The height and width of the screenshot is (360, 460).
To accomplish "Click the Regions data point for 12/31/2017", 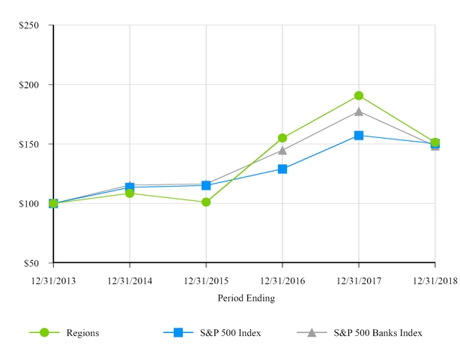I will pyautogui.click(x=359, y=96).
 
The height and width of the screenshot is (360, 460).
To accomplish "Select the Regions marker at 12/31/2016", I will pyautogui.click(x=282, y=138).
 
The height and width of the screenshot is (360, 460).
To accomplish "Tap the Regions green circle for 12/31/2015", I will pyautogui.click(x=206, y=202).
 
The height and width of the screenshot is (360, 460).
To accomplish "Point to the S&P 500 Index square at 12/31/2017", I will pyautogui.click(x=359, y=136).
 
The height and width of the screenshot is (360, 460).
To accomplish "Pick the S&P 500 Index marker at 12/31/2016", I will pyautogui.click(x=282, y=169).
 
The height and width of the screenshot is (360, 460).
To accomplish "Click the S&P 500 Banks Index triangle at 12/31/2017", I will pyautogui.click(x=359, y=112).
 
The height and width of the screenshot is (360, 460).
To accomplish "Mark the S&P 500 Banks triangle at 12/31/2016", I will pyautogui.click(x=282, y=150).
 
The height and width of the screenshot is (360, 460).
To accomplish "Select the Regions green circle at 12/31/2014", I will pyautogui.click(x=130, y=193).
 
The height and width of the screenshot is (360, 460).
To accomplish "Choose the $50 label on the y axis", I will pyautogui.click(x=31, y=263).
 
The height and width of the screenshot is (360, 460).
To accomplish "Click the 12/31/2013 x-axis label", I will pyautogui.click(x=53, y=280).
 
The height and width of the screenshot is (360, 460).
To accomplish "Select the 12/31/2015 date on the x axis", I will pyautogui.click(x=206, y=280).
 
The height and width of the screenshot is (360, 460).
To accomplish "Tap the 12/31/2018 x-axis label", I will pyautogui.click(x=435, y=280).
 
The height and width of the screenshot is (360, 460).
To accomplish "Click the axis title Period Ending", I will pyautogui.click(x=246, y=298).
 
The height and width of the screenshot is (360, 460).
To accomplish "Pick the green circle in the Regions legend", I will pyautogui.click(x=44, y=332).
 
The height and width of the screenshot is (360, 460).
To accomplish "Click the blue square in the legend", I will pyautogui.click(x=178, y=332).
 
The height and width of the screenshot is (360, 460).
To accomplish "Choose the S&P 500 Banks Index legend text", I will pyautogui.click(x=378, y=333).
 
